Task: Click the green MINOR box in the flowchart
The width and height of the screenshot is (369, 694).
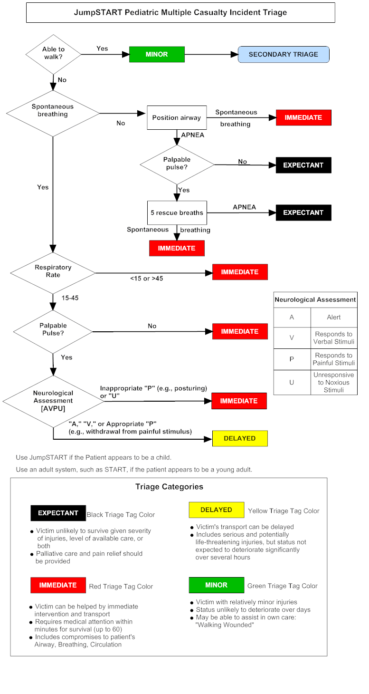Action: (157, 54)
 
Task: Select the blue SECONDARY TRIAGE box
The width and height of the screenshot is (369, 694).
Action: (283, 54)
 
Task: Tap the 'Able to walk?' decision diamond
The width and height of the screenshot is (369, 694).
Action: (54, 54)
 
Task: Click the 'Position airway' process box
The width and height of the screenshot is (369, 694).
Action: (177, 117)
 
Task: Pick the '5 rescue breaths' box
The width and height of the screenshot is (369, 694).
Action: (177, 212)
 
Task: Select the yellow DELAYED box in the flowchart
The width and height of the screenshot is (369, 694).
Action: (239, 438)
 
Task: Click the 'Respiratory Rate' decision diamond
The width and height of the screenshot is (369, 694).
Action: (53, 272)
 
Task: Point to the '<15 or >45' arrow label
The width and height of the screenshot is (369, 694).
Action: (146, 279)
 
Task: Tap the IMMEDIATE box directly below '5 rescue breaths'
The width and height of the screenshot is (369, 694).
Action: (177, 248)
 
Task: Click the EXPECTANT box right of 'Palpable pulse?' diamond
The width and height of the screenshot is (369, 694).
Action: (303, 165)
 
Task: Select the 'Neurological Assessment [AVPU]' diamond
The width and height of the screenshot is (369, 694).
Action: (53, 401)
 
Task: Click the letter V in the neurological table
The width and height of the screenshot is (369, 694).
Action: (292, 338)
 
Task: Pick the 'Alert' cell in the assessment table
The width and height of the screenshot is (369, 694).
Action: (333, 317)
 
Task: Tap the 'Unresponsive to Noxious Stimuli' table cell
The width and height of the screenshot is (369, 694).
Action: (333, 383)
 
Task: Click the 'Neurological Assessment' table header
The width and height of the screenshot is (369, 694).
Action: (315, 300)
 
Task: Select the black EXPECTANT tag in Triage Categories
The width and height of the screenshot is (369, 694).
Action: (58, 513)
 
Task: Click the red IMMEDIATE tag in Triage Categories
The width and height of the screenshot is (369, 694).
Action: (58, 585)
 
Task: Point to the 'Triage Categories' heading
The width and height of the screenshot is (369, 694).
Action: (169, 487)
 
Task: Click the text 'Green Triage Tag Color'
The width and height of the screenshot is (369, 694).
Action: (283, 586)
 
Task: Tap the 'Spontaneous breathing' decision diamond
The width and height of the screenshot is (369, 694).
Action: (53, 113)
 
